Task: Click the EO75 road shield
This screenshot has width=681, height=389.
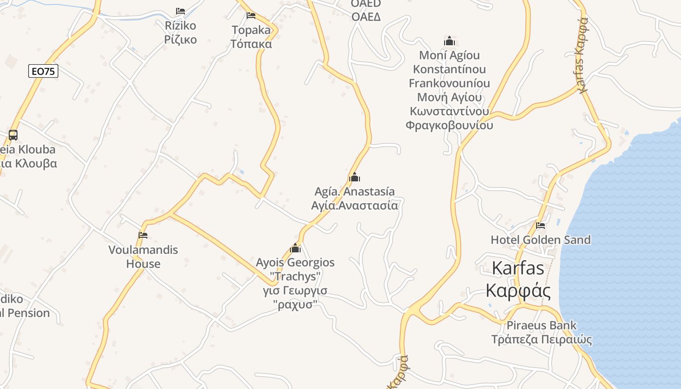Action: point(43,71)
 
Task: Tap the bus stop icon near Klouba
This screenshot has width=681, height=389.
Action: point(13,135)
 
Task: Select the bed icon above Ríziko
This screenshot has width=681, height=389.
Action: point(180,11)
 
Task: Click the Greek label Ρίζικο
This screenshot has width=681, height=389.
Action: point(180,39)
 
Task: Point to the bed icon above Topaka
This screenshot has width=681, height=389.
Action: point(251,16)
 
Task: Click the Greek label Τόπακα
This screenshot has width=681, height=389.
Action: point(251,44)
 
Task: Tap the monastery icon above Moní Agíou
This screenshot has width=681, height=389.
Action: point(449,41)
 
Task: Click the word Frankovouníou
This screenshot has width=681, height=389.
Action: point(449,83)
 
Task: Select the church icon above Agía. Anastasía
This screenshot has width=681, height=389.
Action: point(355,177)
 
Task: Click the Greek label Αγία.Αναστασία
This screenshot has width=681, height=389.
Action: point(355,205)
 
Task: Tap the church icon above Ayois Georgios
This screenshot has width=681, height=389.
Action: point(295,248)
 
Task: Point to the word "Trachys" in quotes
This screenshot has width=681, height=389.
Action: point(296,277)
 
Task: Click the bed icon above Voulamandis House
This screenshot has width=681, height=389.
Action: point(143,235)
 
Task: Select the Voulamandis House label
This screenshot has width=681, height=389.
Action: point(143,257)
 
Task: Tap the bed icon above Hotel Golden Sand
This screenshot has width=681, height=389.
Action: point(540,226)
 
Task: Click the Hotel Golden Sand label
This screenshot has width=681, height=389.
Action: point(540,240)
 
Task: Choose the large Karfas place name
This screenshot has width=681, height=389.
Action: point(518,268)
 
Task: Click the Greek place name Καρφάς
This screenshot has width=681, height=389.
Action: point(518,291)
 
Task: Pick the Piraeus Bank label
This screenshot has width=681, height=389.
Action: point(541,325)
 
